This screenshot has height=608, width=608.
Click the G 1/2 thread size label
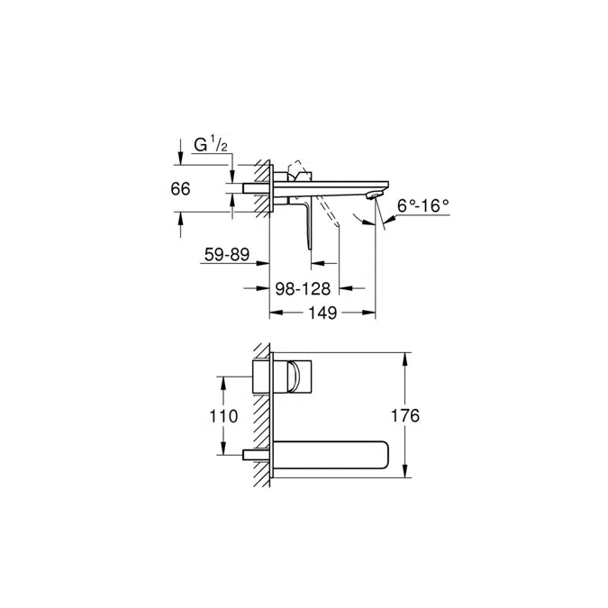213,145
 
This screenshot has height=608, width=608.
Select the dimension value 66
180,189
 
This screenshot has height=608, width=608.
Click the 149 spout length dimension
322,313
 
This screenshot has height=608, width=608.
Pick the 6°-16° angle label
423,206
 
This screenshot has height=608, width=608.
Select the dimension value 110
223,416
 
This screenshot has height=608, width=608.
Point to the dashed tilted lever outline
330,216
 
